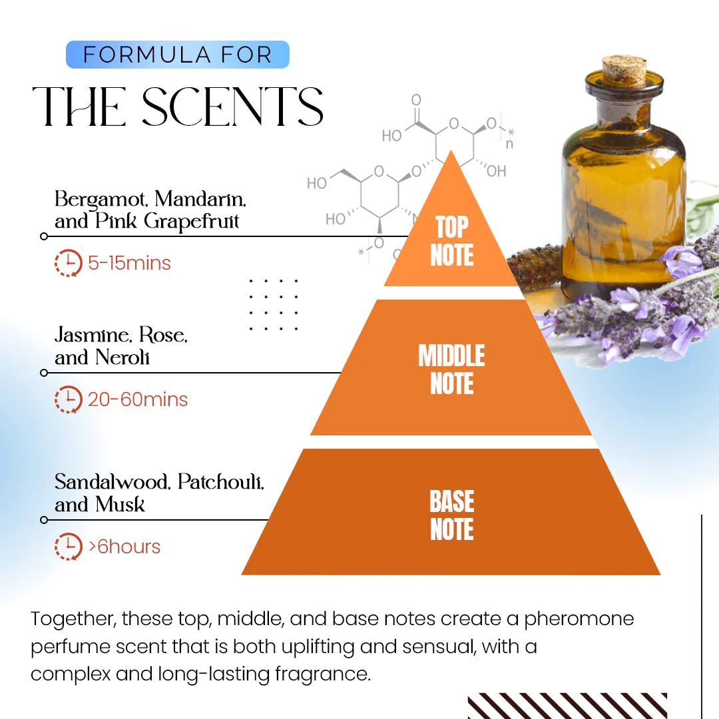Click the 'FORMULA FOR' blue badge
177,55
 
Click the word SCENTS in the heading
232,107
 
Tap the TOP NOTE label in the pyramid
451,241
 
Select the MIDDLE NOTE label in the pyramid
451,370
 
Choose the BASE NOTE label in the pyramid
451,516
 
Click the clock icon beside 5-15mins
68,263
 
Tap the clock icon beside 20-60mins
68,399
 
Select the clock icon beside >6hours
68,547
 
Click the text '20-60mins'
138,399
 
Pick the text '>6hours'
124,547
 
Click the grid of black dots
273,304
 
